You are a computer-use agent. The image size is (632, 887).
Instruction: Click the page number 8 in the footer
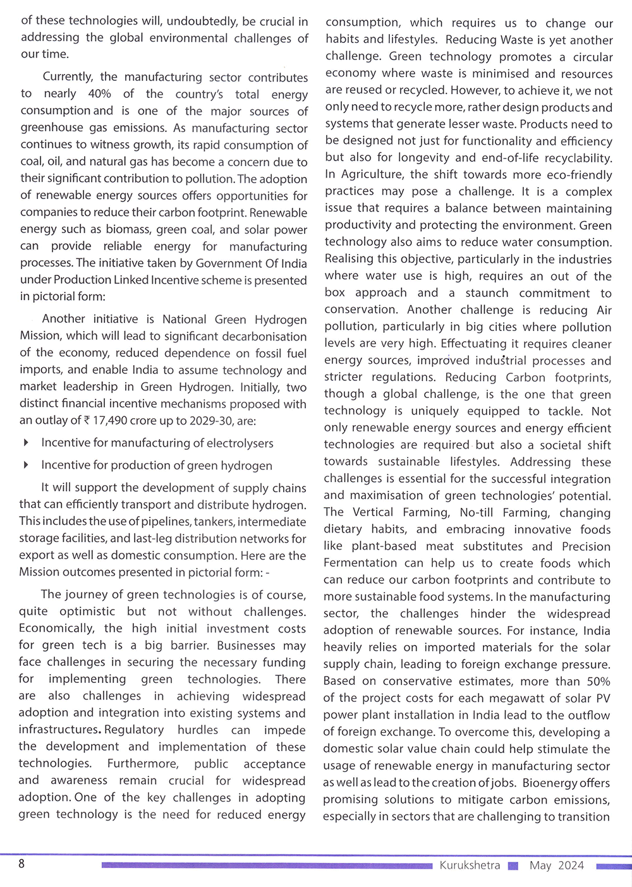21,864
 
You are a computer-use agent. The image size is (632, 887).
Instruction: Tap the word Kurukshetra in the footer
470,866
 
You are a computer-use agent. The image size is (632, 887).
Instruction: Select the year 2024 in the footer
571,866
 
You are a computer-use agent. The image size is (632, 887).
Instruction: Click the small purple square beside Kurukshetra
513,866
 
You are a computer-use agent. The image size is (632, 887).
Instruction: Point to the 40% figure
99,94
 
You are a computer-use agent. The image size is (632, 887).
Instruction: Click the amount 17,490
111,421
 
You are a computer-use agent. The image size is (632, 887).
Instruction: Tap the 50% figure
598,682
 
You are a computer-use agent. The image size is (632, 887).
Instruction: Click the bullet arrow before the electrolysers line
26,443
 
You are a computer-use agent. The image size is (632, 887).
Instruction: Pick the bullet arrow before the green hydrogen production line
26,466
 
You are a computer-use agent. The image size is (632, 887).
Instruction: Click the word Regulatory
134,730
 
